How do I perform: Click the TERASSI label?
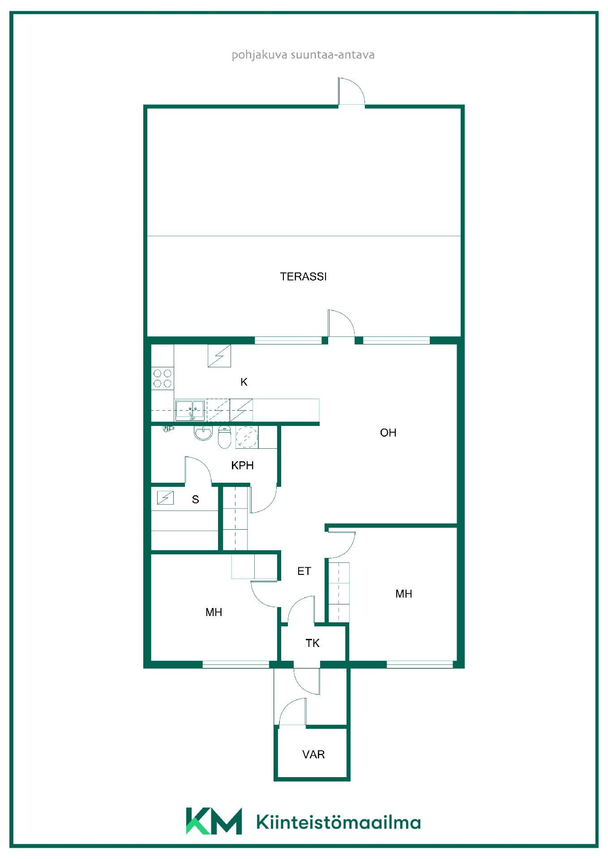[303, 276]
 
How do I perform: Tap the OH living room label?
[388, 433]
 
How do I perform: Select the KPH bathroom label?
[242, 465]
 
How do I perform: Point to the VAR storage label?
[313, 755]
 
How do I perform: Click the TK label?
[313, 643]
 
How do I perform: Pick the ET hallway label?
[304, 571]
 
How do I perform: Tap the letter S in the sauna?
[195, 500]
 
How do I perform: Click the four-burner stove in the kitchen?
[162, 378]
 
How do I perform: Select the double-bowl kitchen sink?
[190, 410]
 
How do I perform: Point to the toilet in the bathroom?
[224, 437]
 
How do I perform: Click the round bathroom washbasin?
[203, 433]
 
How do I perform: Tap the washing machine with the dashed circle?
[247, 437]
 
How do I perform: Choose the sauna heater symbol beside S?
[165, 498]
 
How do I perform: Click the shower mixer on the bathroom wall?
[168, 429]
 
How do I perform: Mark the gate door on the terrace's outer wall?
[351, 91]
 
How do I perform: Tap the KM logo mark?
[214, 821]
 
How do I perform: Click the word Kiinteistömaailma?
[338, 822]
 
